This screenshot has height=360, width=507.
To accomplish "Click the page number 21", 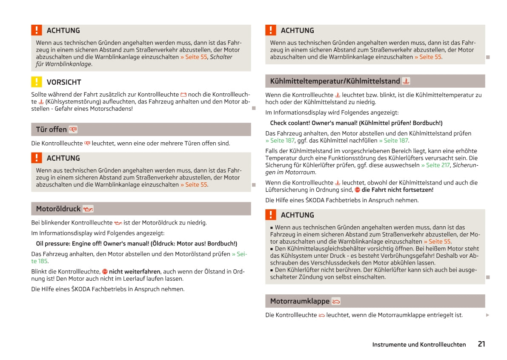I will click(481, 344).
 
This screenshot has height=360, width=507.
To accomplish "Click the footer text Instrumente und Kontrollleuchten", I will click(419, 345).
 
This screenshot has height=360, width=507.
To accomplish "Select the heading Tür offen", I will click(51, 130).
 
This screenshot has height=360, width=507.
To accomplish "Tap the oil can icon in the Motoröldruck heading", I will click(88, 209).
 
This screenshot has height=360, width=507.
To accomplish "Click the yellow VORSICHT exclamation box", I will click(37, 82).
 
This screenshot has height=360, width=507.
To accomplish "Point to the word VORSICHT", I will click(64, 82).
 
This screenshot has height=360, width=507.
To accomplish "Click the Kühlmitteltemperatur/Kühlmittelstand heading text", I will click(335, 81).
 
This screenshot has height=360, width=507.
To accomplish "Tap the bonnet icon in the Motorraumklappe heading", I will click(336, 302).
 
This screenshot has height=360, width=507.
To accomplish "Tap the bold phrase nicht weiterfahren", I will click(135, 271).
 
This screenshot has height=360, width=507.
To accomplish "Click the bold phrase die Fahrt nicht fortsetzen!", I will click(397, 190).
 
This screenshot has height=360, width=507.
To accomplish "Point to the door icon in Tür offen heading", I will click(73, 130).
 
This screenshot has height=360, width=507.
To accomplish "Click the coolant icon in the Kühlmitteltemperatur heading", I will click(406, 81).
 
